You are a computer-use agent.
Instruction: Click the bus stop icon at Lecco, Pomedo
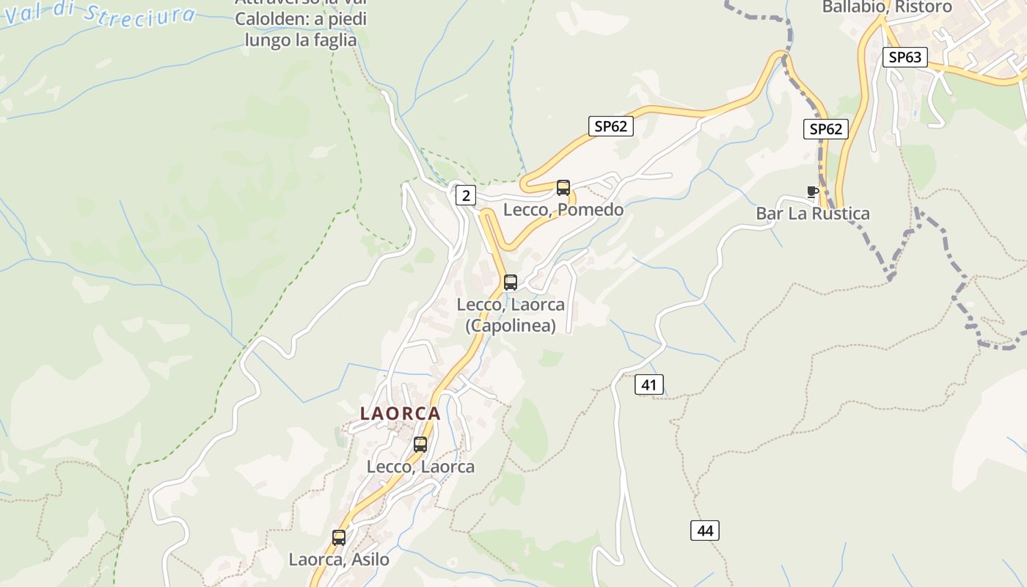point(563,188)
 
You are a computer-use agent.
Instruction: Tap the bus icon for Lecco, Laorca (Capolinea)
point(511,282)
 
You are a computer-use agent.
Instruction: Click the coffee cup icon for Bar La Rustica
point(812,192)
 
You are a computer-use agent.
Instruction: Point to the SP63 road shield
point(905,57)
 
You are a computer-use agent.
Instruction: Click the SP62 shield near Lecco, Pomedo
point(610,126)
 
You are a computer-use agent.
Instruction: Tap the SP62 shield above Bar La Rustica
point(826,129)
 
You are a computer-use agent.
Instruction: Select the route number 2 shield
point(465,195)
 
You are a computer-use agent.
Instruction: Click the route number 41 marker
point(648,384)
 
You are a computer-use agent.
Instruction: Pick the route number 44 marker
point(705,531)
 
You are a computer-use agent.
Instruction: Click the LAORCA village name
point(401,414)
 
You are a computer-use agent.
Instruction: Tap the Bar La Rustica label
point(813,214)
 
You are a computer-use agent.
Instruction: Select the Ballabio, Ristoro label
point(886,7)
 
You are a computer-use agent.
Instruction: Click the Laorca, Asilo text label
point(339,559)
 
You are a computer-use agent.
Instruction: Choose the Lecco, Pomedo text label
point(563,210)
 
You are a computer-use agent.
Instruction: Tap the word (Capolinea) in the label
point(511,326)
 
